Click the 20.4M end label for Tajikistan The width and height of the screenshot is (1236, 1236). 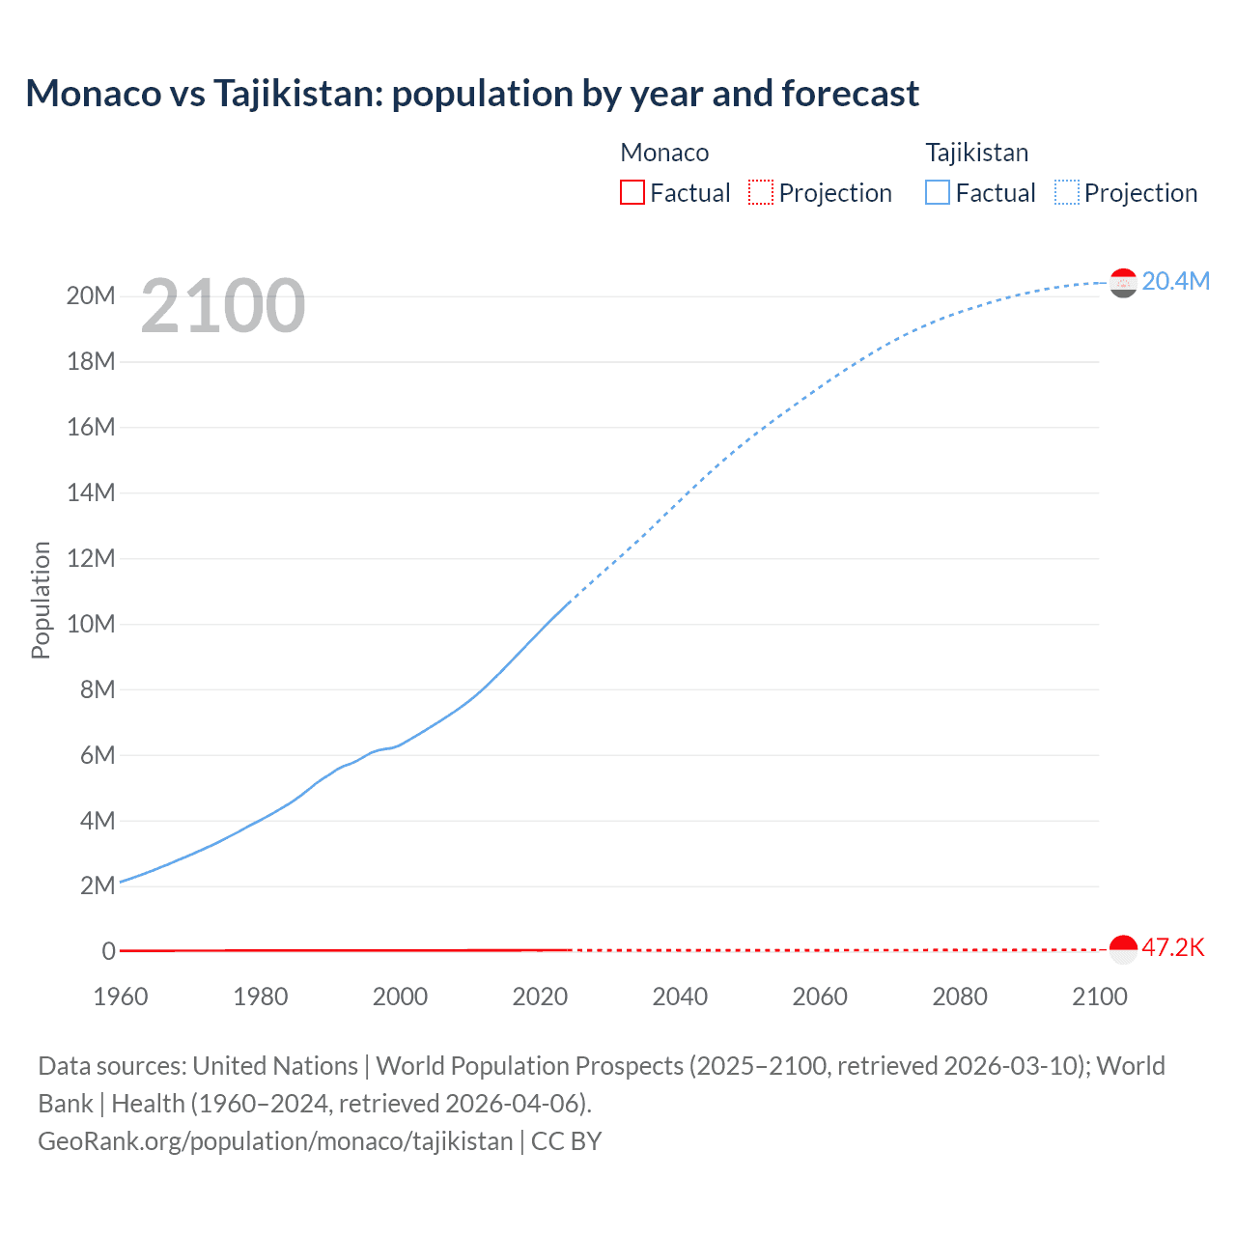click(x=1175, y=281)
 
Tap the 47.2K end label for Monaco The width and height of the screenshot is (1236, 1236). click(x=1172, y=947)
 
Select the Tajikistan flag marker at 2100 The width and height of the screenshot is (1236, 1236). click(x=1123, y=283)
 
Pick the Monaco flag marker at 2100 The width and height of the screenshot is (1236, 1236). click(x=1123, y=949)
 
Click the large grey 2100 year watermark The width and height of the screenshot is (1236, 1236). click(x=223, y=306)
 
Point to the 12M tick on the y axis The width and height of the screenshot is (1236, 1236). click(x=91, y=558)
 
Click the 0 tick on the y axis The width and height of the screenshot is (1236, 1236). click(x=108, y=951)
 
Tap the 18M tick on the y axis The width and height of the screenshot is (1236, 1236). click(x=91, y=361)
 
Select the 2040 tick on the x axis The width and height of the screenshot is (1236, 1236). click(x=680, y=997)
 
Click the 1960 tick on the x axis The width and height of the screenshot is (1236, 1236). click(x=121, y=997)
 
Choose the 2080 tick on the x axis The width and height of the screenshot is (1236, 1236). click(x=960, y=997)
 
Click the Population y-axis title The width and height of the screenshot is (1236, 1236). click(x=41, y=600)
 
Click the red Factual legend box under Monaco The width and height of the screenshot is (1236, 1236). click(x=632, y=192)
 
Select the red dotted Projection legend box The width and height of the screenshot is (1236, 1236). click(x=761, y=192)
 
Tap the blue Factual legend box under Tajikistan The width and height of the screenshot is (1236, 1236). click(x=938, y=192)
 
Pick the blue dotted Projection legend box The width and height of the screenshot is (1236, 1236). click(x=1067, y=192)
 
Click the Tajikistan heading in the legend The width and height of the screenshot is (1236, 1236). click(x=976, y=153)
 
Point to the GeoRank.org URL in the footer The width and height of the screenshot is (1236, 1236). click(x=275, y=1141)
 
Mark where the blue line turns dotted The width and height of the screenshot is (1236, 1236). click(x=569, y=603)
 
